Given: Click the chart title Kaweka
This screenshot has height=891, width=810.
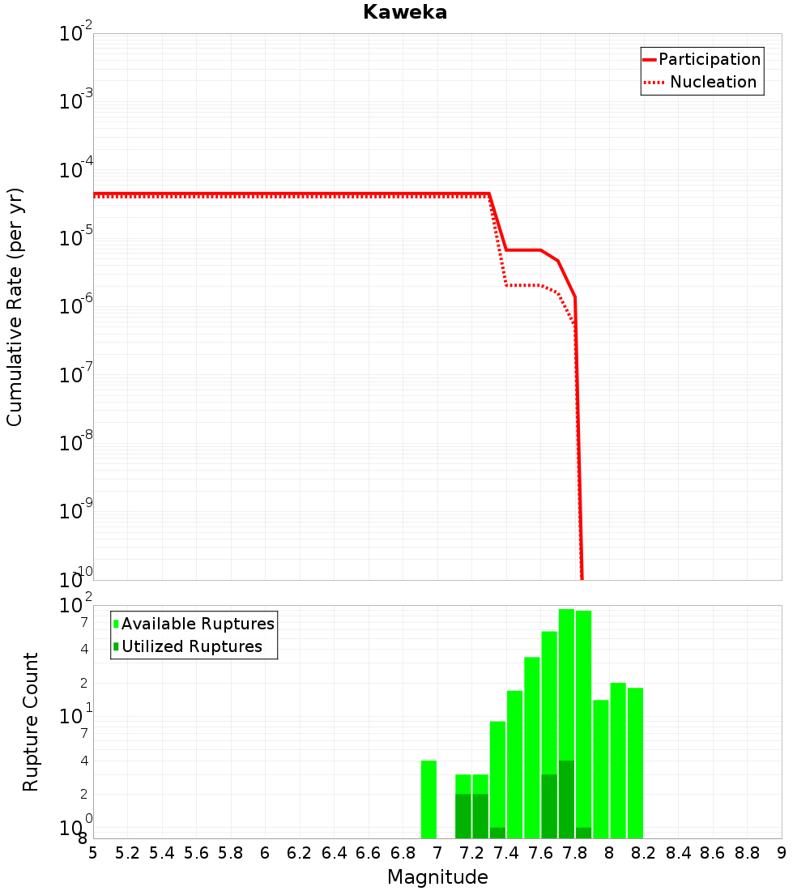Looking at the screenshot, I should [x=404, y=13].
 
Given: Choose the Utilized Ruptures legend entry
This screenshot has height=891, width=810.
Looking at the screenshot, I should [x=191, y=646].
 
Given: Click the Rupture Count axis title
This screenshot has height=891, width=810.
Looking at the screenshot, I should [x=31, y=722].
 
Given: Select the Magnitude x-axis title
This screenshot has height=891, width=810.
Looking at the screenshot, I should [x=437, y=877].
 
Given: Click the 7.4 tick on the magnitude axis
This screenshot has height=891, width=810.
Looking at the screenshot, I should [x=506, y=853].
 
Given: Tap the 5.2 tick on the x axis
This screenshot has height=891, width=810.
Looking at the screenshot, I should [x=128, y=853].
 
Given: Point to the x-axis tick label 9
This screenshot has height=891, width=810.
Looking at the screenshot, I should [x=781, y=853].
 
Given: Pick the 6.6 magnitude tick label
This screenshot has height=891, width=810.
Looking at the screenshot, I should [x=369, y=853].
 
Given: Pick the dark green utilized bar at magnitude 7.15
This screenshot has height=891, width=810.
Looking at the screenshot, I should [x=463, y=816].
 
